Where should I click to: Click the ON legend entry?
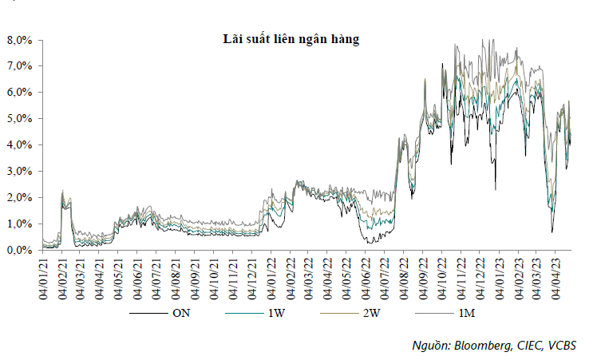(x=181, y=314)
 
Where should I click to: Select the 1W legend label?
(x=274, y=314)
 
